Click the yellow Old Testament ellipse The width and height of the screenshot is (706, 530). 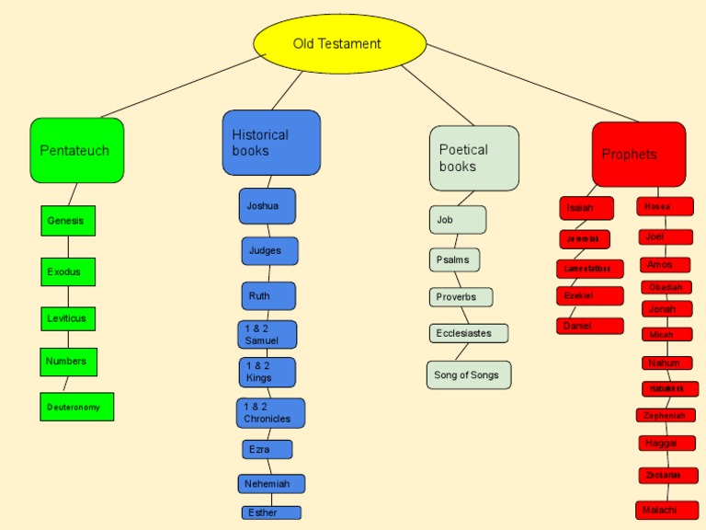339,43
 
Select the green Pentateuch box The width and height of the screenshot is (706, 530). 76,150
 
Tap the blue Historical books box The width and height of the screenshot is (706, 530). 271,143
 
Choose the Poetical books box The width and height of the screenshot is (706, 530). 473,158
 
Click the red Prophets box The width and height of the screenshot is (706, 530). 638,154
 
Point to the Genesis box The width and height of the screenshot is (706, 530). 68,221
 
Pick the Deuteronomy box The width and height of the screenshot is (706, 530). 76,407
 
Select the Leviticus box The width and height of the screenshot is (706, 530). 68,318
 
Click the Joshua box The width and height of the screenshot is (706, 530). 268,206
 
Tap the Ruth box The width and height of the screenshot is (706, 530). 268,296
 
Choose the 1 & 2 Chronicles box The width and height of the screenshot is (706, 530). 270,413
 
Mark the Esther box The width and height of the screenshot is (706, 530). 271,513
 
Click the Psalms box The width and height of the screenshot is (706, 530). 454,259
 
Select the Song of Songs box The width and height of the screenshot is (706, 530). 468,374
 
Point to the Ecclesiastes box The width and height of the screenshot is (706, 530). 468,333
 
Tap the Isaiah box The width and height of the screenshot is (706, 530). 586,208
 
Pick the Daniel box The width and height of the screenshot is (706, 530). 589,326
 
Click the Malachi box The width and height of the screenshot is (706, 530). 666,510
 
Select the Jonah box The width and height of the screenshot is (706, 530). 666,309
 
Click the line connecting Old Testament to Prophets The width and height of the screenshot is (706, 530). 533,83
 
